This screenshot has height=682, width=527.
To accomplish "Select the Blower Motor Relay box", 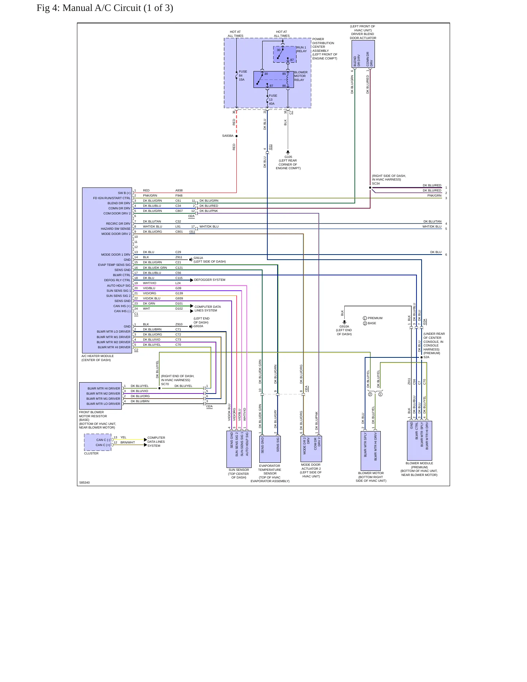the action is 274,80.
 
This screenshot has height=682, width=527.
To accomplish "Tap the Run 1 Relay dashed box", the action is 284,54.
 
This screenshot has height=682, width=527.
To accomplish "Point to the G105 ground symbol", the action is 288,152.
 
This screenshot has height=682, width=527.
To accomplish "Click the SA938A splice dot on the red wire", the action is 236,136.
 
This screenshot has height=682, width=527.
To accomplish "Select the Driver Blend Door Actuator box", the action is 363,54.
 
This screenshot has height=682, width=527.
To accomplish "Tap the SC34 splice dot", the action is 370,188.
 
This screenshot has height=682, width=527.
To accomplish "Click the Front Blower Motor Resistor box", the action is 100,396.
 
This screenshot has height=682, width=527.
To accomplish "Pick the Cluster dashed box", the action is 98,442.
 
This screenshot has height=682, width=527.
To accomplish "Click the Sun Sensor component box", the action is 239,449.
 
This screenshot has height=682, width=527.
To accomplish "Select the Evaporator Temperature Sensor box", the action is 270,449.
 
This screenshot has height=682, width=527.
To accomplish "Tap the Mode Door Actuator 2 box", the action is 311,449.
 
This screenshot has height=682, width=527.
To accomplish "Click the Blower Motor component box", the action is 371,451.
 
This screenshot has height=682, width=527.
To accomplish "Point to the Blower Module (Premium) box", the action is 419,441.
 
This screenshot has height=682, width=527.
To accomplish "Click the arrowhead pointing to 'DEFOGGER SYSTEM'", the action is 192,280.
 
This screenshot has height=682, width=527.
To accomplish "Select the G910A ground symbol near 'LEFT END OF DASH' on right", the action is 344,322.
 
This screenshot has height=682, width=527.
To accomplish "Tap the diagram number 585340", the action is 85,483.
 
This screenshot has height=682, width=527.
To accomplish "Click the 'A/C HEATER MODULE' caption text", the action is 98,356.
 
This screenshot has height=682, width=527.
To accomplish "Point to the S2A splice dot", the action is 422,357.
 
